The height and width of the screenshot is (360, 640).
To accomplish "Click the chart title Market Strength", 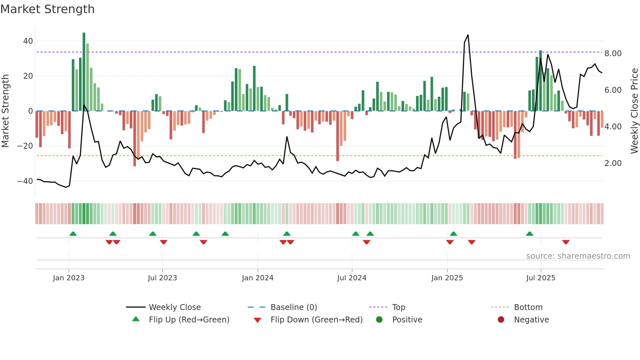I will click(47, 9).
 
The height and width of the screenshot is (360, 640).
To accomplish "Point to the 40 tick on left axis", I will click(28, 41).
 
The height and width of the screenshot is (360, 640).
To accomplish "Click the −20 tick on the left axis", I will click(25, 146).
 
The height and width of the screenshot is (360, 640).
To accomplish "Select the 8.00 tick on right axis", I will click(613, 54).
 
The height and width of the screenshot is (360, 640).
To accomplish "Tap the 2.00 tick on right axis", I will click(613, 163).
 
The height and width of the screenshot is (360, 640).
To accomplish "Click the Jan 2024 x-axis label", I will click(257, 278).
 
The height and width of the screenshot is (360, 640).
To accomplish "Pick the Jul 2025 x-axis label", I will click(540, 278).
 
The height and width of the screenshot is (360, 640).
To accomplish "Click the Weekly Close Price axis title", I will click(634, 111).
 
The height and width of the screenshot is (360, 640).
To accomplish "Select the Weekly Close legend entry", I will click(174, 307).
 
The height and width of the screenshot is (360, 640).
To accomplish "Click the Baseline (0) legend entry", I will click(294, 307).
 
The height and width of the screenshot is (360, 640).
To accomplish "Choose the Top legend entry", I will click(398, 307).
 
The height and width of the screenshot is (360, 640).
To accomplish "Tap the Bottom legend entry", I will click(528, 307).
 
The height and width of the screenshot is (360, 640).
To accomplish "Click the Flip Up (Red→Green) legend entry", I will click(189, 320).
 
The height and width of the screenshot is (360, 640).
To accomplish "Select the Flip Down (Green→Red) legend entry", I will click(316, 320).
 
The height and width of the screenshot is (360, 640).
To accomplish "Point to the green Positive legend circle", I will click(379, 320).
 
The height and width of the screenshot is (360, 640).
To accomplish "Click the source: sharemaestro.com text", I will click(578, 256).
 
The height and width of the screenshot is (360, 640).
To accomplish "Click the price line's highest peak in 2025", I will click(468, 35).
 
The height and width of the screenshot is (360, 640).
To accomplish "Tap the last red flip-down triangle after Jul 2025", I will click(566, 242).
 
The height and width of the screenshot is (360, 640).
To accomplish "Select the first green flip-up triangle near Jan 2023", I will click(73, 234).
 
